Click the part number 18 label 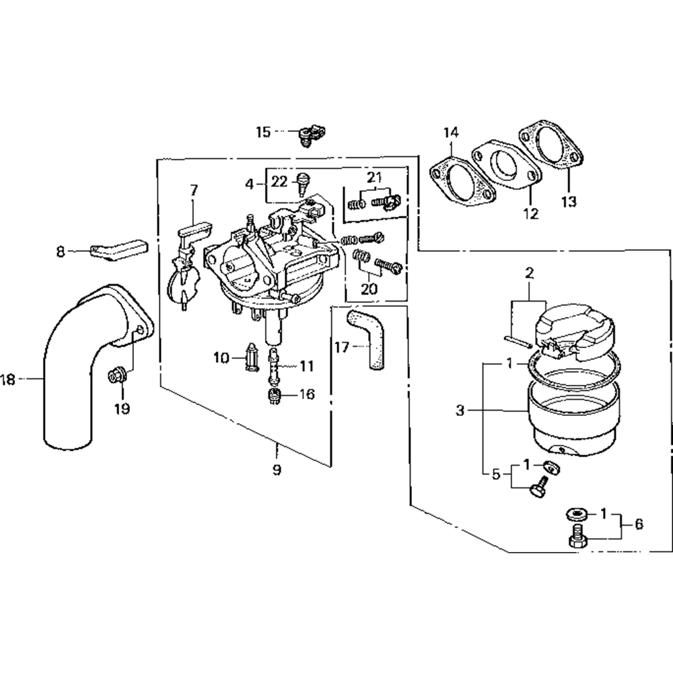[x=8, y=380]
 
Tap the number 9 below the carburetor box [x=277, y=469]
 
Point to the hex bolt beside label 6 [x=577, y=538]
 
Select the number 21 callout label [x=374, y=178]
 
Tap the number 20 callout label [x=368, y=289]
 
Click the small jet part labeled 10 [x=253, y=357]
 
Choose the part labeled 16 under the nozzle [x=274, y=395]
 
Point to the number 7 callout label [x=193, y=190]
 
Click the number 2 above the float [x=529, y=273]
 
